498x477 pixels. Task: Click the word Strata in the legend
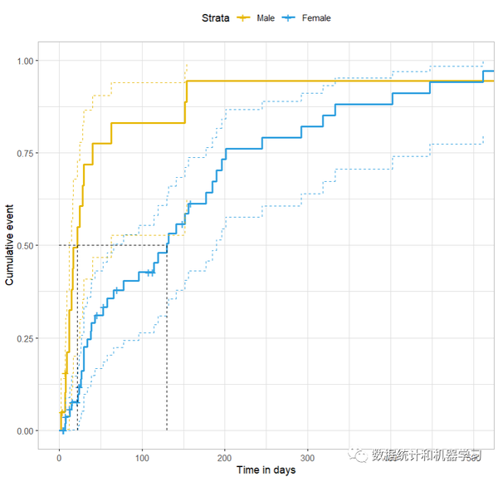(216, 17)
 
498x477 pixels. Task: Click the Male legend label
(266, 17)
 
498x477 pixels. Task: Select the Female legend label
(315, 17)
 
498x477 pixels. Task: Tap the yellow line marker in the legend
(244, 17)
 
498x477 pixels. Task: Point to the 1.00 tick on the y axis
(26, 61)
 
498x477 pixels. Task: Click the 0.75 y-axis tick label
(26, 153)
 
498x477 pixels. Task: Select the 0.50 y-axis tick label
(26, 246)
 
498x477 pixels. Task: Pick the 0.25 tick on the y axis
(26, 338)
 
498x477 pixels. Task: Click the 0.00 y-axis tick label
(26, 430)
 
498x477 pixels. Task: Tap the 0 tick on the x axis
(59, 458)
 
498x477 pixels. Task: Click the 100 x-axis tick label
(141, 458)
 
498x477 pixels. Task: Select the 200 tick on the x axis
(224, 458)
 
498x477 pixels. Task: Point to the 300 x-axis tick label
(306, 458)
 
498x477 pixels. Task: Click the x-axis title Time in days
(266, 470)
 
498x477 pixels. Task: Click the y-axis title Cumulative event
(10, 246)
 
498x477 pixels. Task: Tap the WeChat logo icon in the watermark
(359, 455)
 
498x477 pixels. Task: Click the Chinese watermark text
(426, 455)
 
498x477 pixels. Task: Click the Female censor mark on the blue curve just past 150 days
(189, 204)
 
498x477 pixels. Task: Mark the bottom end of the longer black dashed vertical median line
(167, 430)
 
